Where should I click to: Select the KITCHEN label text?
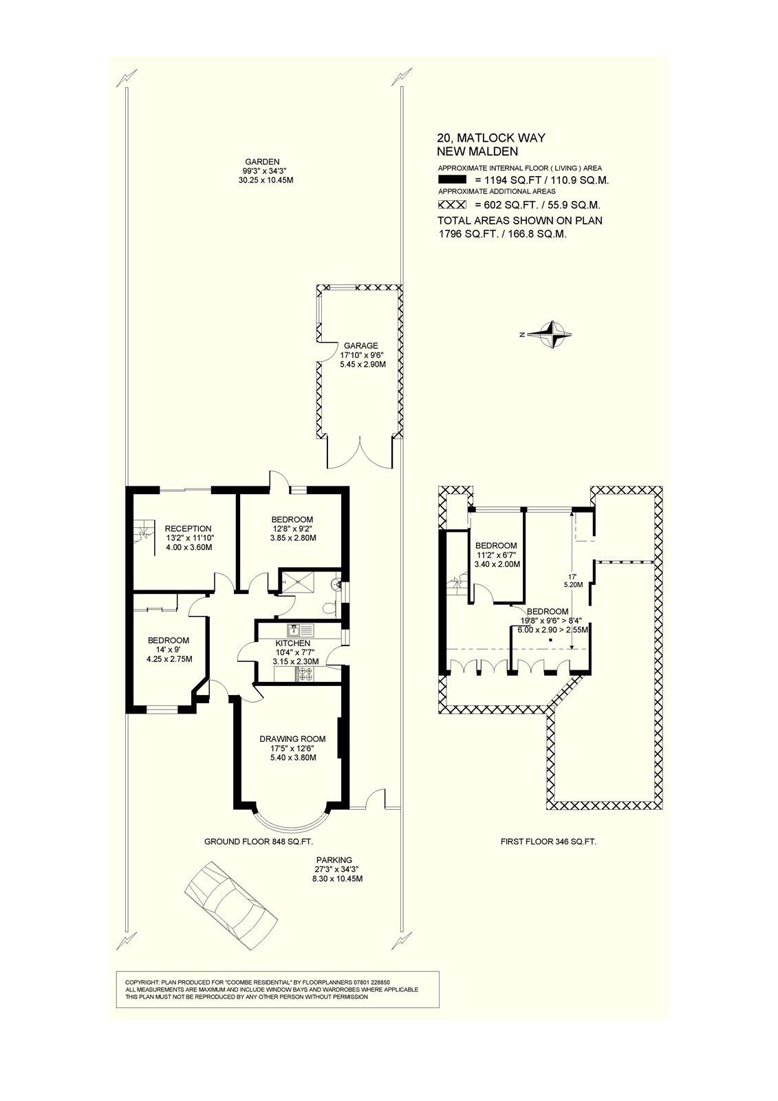click(x=293, y=643)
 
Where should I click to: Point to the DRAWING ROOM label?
click(x=292, y=739)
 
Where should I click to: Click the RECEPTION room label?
click(x=188, y=528)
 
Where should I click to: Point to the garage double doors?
click(x=359, y=453)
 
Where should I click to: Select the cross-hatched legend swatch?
click(x=452, y=205)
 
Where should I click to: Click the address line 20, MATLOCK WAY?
click(x=491, y=138)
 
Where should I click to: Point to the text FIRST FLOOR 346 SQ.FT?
click(x=548, y=841)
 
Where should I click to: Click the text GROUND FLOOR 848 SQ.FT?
click(x=259, y=841)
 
